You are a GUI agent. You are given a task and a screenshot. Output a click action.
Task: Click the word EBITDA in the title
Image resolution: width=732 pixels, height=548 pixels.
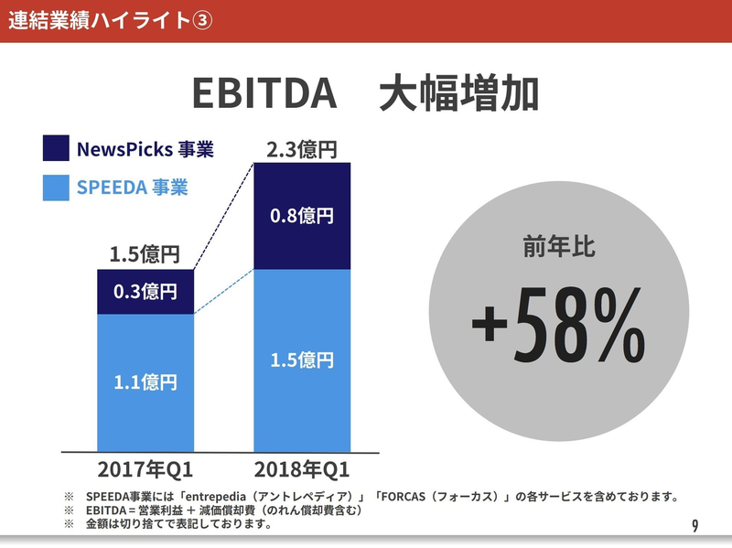coord(261,94)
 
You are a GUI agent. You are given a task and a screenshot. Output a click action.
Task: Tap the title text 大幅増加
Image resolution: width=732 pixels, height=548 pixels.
coord(458,94)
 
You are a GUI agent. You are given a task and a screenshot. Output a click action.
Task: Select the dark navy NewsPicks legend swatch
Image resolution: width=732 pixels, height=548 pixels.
coord(56,148)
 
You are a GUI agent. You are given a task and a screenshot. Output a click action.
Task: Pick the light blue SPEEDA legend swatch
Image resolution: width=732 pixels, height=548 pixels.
coord(56,188)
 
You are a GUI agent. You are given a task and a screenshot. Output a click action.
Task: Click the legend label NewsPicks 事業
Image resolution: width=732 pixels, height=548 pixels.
coord(145,148)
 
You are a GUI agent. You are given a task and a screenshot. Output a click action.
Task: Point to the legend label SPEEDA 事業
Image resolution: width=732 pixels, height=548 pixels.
coord(132,188)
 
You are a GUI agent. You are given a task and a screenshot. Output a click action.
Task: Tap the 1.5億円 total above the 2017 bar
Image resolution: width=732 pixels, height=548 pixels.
coord(145,253)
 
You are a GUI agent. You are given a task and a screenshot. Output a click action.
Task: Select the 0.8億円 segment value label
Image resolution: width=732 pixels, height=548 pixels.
coord(302,216)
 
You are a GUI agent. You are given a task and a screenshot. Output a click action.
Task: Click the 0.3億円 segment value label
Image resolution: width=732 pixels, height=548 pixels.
coord(145,292)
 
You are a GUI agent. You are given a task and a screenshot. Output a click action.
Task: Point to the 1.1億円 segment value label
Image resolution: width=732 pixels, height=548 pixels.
coord(145,381)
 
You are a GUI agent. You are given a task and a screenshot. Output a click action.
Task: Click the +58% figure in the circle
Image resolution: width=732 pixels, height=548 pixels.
coord(558,329)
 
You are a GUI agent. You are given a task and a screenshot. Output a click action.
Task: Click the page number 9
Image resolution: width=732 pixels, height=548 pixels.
coord(695,525)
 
